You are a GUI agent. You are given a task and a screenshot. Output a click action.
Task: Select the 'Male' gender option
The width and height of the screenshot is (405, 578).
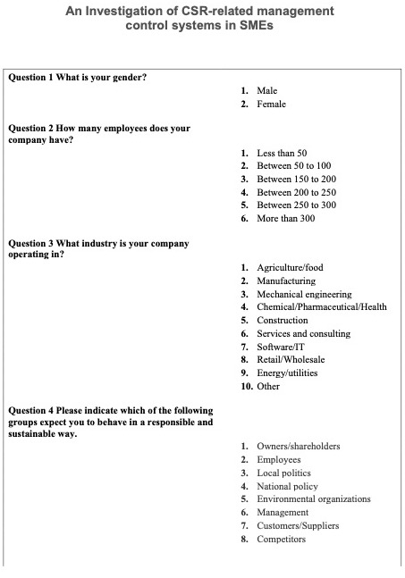266,91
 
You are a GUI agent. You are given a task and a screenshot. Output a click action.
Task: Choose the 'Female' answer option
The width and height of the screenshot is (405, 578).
271,105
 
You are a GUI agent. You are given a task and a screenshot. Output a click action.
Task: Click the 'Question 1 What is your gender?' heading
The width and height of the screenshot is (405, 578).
77,77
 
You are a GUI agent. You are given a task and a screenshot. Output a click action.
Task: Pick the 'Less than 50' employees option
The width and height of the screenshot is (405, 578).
282,153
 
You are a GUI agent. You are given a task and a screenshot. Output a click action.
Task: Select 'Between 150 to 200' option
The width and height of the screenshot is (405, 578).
296,179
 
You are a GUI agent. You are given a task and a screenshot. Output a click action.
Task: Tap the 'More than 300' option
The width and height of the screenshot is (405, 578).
285,218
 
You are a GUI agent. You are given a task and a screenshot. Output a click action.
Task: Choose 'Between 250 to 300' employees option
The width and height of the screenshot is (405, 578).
296,205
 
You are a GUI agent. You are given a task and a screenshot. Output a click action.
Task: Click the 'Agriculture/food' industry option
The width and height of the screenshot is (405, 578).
290,267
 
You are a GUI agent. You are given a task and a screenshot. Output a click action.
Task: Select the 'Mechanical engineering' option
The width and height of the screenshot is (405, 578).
304,294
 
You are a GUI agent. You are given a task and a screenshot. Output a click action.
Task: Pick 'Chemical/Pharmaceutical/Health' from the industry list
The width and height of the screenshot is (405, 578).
322,306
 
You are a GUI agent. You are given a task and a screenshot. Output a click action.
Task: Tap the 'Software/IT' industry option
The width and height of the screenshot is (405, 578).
281,346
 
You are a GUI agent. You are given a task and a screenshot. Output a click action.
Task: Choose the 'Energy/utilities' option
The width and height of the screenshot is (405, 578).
287,373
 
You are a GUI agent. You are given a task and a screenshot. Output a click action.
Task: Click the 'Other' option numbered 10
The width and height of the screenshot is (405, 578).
268,386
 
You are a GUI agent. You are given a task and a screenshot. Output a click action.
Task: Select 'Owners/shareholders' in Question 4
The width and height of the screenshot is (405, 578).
298,446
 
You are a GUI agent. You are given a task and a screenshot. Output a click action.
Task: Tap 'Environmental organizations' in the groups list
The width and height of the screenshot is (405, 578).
313,498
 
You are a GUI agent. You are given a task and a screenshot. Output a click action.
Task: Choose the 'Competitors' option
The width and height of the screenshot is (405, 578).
281,539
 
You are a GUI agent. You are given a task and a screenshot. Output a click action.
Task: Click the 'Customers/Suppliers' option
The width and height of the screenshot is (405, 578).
298,525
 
